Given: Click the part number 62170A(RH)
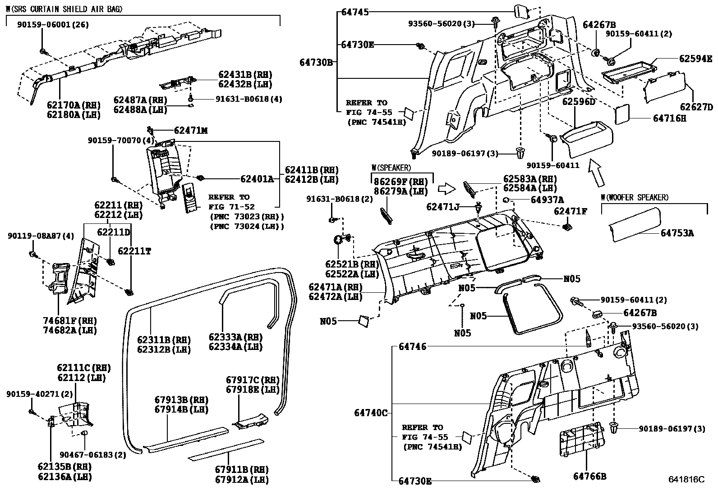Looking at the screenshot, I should coord(74,105).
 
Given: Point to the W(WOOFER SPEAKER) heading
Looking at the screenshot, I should coord(635,197).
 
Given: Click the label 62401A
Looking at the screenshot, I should coord(257,179).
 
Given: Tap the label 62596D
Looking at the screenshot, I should coord(579,102).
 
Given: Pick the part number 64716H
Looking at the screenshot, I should coord(670,118).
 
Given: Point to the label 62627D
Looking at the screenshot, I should coord(696,107).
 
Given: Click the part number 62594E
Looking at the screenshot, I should coord(696,58).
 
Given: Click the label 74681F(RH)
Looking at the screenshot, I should coord(70,321).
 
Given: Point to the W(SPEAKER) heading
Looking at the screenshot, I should coord(391,168).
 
